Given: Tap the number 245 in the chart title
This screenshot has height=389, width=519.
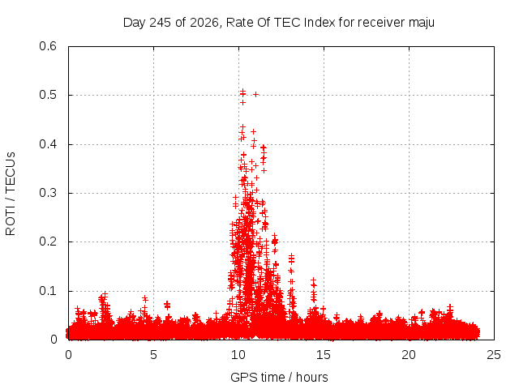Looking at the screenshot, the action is [161, 23].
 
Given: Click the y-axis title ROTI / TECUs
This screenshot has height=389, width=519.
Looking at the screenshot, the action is [11, 194].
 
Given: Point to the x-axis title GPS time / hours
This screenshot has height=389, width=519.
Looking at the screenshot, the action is [279, 377].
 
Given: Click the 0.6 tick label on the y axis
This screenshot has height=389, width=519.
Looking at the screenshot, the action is [48, 46].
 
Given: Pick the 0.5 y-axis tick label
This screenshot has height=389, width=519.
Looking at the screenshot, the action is [48, 95].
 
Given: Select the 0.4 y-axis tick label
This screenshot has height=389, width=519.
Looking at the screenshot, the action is [48, 144].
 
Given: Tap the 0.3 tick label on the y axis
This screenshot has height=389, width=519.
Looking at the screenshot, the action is [48, 193].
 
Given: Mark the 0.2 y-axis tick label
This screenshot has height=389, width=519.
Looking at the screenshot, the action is [48, 242].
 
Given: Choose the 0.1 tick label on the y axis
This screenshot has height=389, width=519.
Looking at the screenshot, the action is [48, 291].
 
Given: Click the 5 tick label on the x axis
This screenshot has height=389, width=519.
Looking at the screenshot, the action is [153, 355].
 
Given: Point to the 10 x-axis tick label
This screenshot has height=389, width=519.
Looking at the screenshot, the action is [238, 355].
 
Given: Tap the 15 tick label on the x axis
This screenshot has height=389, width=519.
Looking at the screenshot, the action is [324, 355].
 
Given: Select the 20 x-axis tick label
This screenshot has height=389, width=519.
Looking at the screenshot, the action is [409, 355].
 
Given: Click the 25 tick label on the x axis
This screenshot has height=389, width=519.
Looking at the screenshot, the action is [494, 355].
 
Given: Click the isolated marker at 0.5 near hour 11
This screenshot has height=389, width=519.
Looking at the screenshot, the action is [255, 95].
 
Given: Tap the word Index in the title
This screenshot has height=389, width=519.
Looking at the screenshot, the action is [320, 23].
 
